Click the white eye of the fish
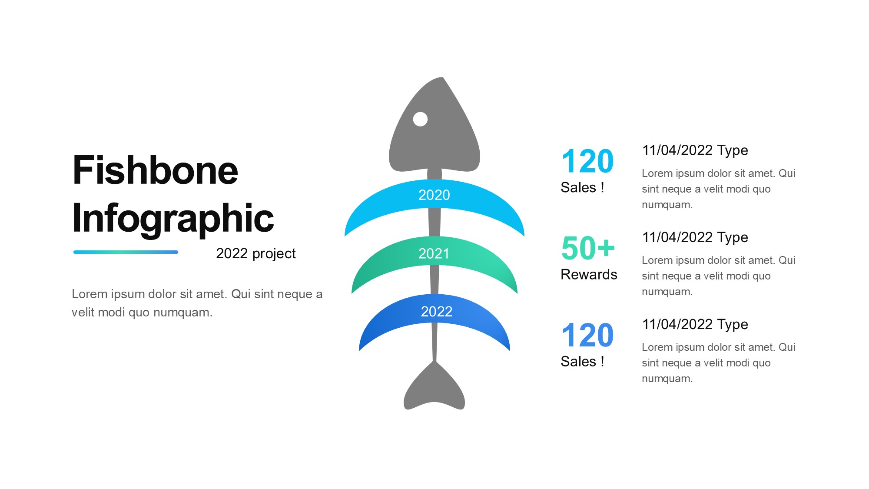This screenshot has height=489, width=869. point(420,119)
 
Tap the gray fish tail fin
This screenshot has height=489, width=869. point(434,389)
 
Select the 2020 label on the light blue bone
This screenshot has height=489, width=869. point(434,195)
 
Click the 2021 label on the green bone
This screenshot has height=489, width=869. point(434,253)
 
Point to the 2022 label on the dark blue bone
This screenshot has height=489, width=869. point(437,311)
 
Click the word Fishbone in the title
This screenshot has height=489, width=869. point(156,170)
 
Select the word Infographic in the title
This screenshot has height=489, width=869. point(173,219)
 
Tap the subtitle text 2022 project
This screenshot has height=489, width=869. point(256,253)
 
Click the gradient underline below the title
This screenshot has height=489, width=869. point(126,252)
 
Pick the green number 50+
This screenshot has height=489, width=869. point(588,248)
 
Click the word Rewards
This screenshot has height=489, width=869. point(589,275)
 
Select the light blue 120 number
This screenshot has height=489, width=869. point(587,161)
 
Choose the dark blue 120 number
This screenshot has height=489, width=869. point(587,335)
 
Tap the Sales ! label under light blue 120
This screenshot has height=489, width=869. point(582,187)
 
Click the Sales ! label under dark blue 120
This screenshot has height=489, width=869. point(582,361)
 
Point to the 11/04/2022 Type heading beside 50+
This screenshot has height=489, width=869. point(695,237)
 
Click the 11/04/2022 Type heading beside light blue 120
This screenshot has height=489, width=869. point(695,150)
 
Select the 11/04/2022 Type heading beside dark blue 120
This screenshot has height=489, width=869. point(695,324)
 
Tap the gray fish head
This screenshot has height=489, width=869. point(434,130)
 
